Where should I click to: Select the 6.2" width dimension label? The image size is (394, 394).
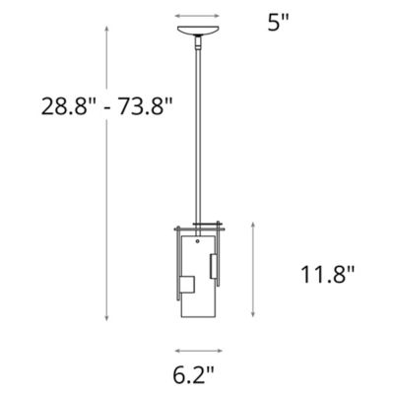[198, 375]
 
